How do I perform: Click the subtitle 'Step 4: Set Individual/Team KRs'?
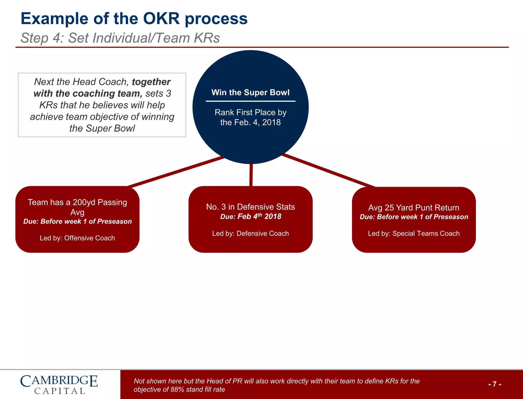pos(120,38)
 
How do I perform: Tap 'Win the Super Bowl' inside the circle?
pos(251,92)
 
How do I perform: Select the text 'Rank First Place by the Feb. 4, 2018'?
pos(251,117)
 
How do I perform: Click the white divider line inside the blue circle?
pos(251,101)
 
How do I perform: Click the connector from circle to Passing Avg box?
pos(176,171)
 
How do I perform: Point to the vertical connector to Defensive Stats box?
pos(251,175)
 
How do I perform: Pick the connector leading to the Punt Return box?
pos(329,171)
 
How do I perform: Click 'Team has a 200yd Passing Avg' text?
pos(77,207)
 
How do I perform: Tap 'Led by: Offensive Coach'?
pos(77,238)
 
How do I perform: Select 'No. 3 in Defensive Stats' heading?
pos(251,207)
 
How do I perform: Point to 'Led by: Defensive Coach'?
pos(251,234)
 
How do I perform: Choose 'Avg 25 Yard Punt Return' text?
pos(414,207)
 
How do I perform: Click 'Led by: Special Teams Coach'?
pos(414,234)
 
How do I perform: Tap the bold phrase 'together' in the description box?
pos(151,82)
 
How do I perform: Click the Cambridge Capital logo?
pos(59,384)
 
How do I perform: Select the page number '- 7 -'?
pos(495,384)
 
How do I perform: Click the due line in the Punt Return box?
pos(414,217)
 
